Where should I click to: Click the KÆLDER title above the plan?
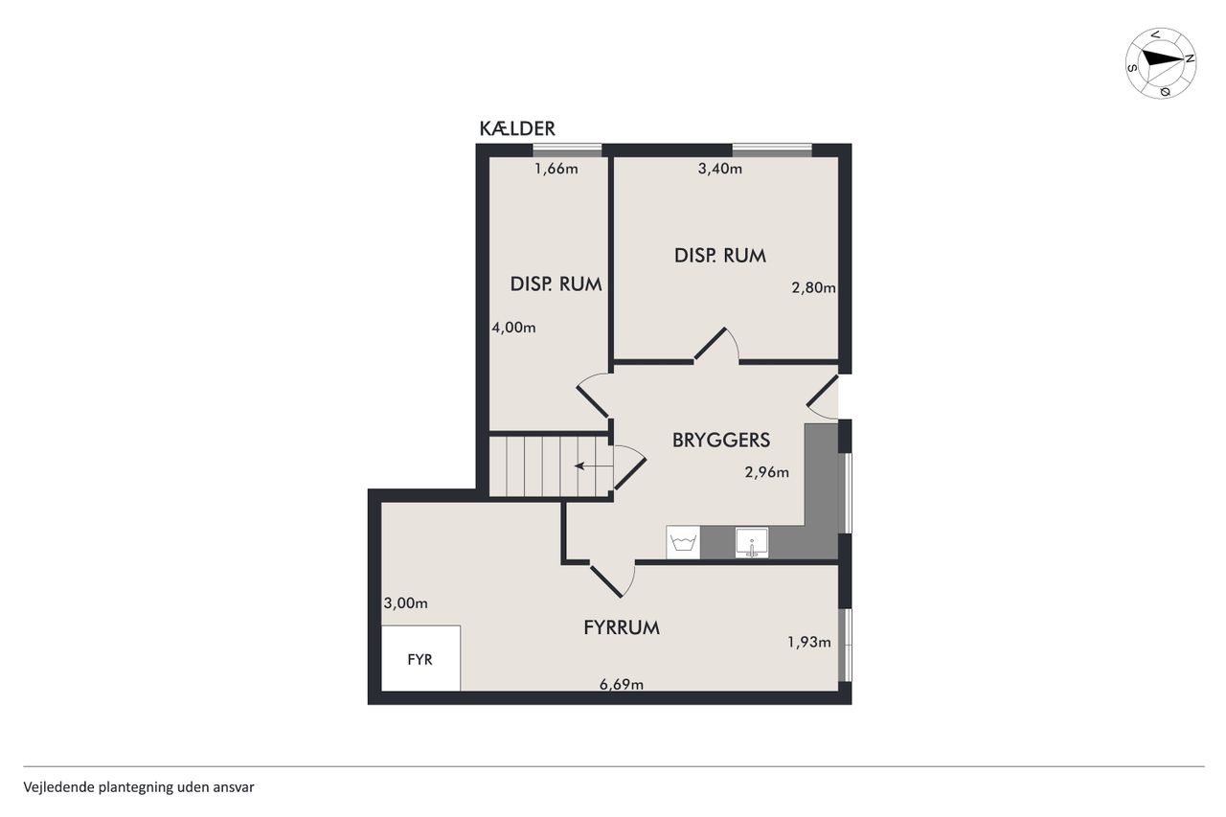(x=517, y=128)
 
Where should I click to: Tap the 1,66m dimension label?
(x=556, y=169)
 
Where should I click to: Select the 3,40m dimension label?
(x=719, y=169)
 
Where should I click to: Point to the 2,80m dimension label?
(x=813, y=287)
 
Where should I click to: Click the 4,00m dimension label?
(x=513, y=328)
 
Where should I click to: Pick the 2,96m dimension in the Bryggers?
(x=767, y=472)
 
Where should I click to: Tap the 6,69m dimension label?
(x=622, y=684)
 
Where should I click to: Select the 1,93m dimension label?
(x=809, y=642)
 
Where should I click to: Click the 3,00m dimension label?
(x=405, y=603)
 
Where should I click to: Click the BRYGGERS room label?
(x=721, y=440)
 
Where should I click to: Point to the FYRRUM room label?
(x=622, y=627)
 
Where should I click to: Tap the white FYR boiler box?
(x=420, y=658)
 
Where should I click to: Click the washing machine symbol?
(x=683, y=542)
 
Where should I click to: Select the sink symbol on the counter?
(x=752, y=543)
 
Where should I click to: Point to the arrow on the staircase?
(x=593, y=466)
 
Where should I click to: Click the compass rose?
(x=1160, y=63)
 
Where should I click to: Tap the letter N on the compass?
(x=1189, y=59)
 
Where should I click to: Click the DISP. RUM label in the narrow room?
(x=556, y=284)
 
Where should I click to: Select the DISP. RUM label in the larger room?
(x=719, y=256)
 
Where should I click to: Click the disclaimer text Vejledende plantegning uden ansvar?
(x=139, y=787)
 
